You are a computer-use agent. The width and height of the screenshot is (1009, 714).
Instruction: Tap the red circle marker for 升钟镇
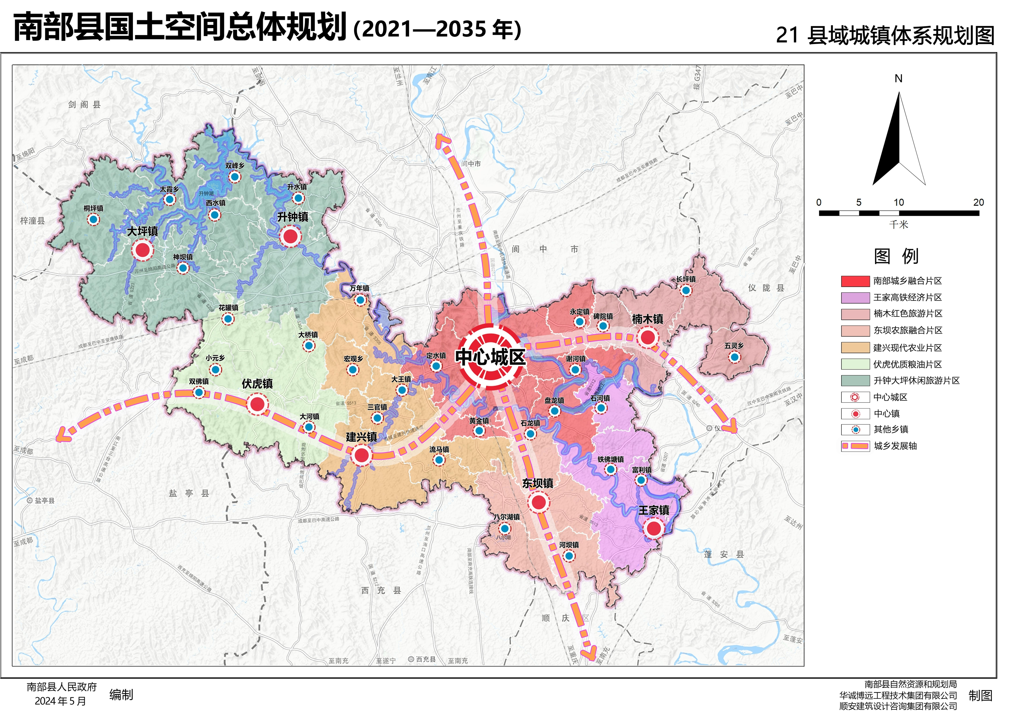click(290, 236)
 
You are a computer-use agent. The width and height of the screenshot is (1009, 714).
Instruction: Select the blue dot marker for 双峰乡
click(235, 177)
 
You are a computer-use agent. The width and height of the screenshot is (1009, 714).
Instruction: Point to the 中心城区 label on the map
click(490, 357)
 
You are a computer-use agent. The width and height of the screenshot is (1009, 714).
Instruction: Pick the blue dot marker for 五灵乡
click(734, 357)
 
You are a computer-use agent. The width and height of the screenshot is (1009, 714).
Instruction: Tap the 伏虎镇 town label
click(257, 383)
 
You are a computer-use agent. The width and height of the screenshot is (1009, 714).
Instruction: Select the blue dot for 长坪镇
click(686, 290)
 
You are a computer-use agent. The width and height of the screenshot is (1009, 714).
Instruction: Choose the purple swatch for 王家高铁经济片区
click(855, 298)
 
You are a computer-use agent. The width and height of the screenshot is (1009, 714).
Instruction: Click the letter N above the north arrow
click(899, 79)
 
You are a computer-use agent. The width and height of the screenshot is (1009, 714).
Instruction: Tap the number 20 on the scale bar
click(978, 202)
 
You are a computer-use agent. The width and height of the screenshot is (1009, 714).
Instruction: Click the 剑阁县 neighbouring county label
click(84, 104)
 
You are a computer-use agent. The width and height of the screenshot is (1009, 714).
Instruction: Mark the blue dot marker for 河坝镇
click(569, 556)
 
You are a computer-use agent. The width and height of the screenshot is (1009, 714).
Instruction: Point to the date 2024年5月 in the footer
click(61, 701)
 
